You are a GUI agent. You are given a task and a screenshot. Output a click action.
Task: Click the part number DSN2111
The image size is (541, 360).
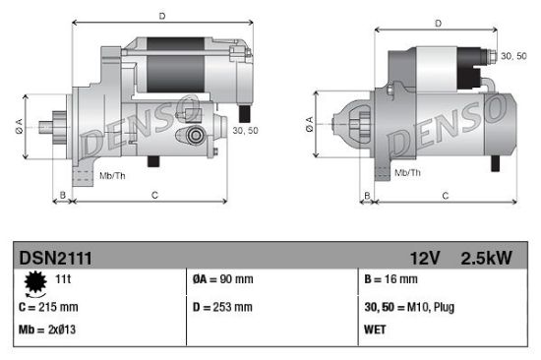(56, 258)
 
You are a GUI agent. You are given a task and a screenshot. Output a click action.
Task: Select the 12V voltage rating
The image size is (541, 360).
(426, 258)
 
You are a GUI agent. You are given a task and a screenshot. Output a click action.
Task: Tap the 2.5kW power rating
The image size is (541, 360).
(487, 258)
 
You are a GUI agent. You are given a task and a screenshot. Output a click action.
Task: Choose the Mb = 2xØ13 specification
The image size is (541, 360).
(48, 329)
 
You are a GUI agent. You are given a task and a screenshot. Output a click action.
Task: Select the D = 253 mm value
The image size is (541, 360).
(222, 307)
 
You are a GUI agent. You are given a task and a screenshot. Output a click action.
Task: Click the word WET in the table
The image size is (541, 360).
(376, 329)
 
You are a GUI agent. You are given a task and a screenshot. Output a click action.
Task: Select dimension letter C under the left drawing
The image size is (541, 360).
(154, 196)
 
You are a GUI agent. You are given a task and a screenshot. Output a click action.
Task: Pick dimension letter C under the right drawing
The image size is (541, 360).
(445, 196)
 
